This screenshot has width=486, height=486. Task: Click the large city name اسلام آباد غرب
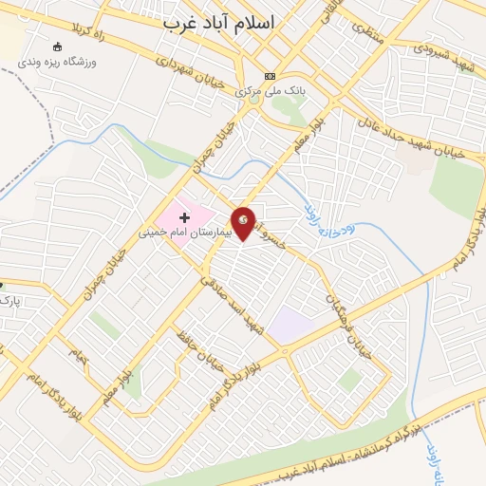click(x=230, y=21)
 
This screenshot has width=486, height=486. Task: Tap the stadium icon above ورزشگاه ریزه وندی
click(x=59, y=47)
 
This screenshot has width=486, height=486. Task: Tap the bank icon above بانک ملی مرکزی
click(x=271, y=77)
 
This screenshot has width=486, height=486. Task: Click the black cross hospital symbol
click(x=184, y=217)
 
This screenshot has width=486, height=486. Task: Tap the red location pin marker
click(x=244, y=222)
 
